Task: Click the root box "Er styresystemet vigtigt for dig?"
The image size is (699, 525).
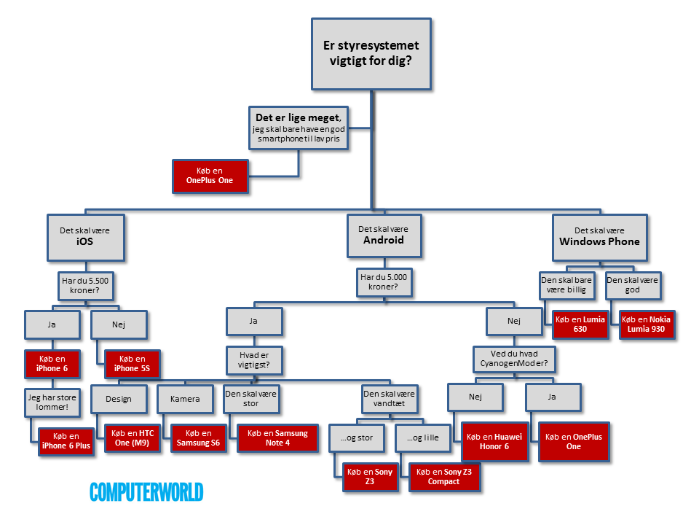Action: [371, 55]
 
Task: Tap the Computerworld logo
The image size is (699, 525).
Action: [146, 492]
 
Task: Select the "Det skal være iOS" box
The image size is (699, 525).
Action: [85, 237]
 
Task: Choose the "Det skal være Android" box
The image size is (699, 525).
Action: [384, 235]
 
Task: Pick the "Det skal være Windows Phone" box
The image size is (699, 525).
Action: [599, 236]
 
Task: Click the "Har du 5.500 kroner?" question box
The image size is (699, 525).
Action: [85, 286]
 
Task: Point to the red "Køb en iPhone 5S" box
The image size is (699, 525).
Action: [130, 364]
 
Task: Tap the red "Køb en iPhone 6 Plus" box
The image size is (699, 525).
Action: [66, 441]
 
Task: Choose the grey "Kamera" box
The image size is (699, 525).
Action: [184, 399]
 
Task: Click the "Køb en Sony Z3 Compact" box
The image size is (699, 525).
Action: [443, 476]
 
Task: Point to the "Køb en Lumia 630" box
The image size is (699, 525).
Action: [580, 324]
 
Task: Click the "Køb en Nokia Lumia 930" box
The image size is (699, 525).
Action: [647, 324]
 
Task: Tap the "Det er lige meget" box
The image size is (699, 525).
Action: [298, 128]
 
